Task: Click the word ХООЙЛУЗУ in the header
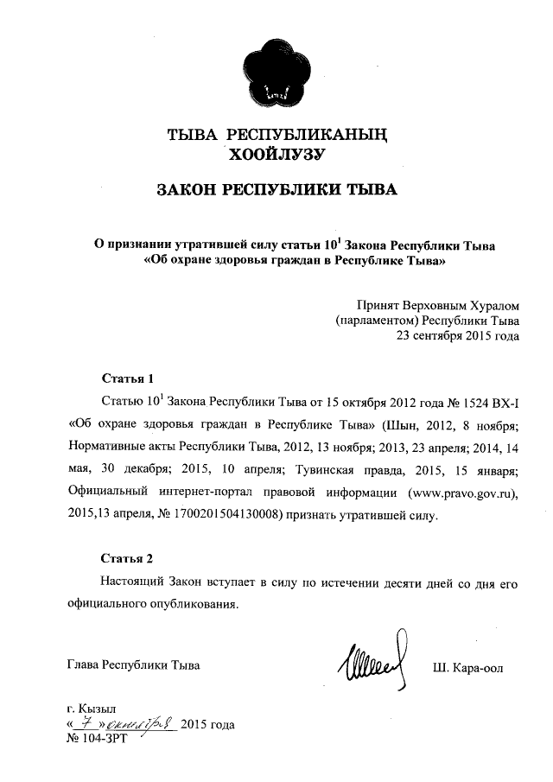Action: pyautogui.click(x=274, y=155)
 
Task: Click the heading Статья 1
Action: pyautogui.click(x=128, y=378)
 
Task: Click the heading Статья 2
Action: pyautogui.click(x=128, y=558)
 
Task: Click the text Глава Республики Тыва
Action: pyautogui.click(x=133, y=665)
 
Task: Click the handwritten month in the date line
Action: pyautogui.click(x=143, y=724)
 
